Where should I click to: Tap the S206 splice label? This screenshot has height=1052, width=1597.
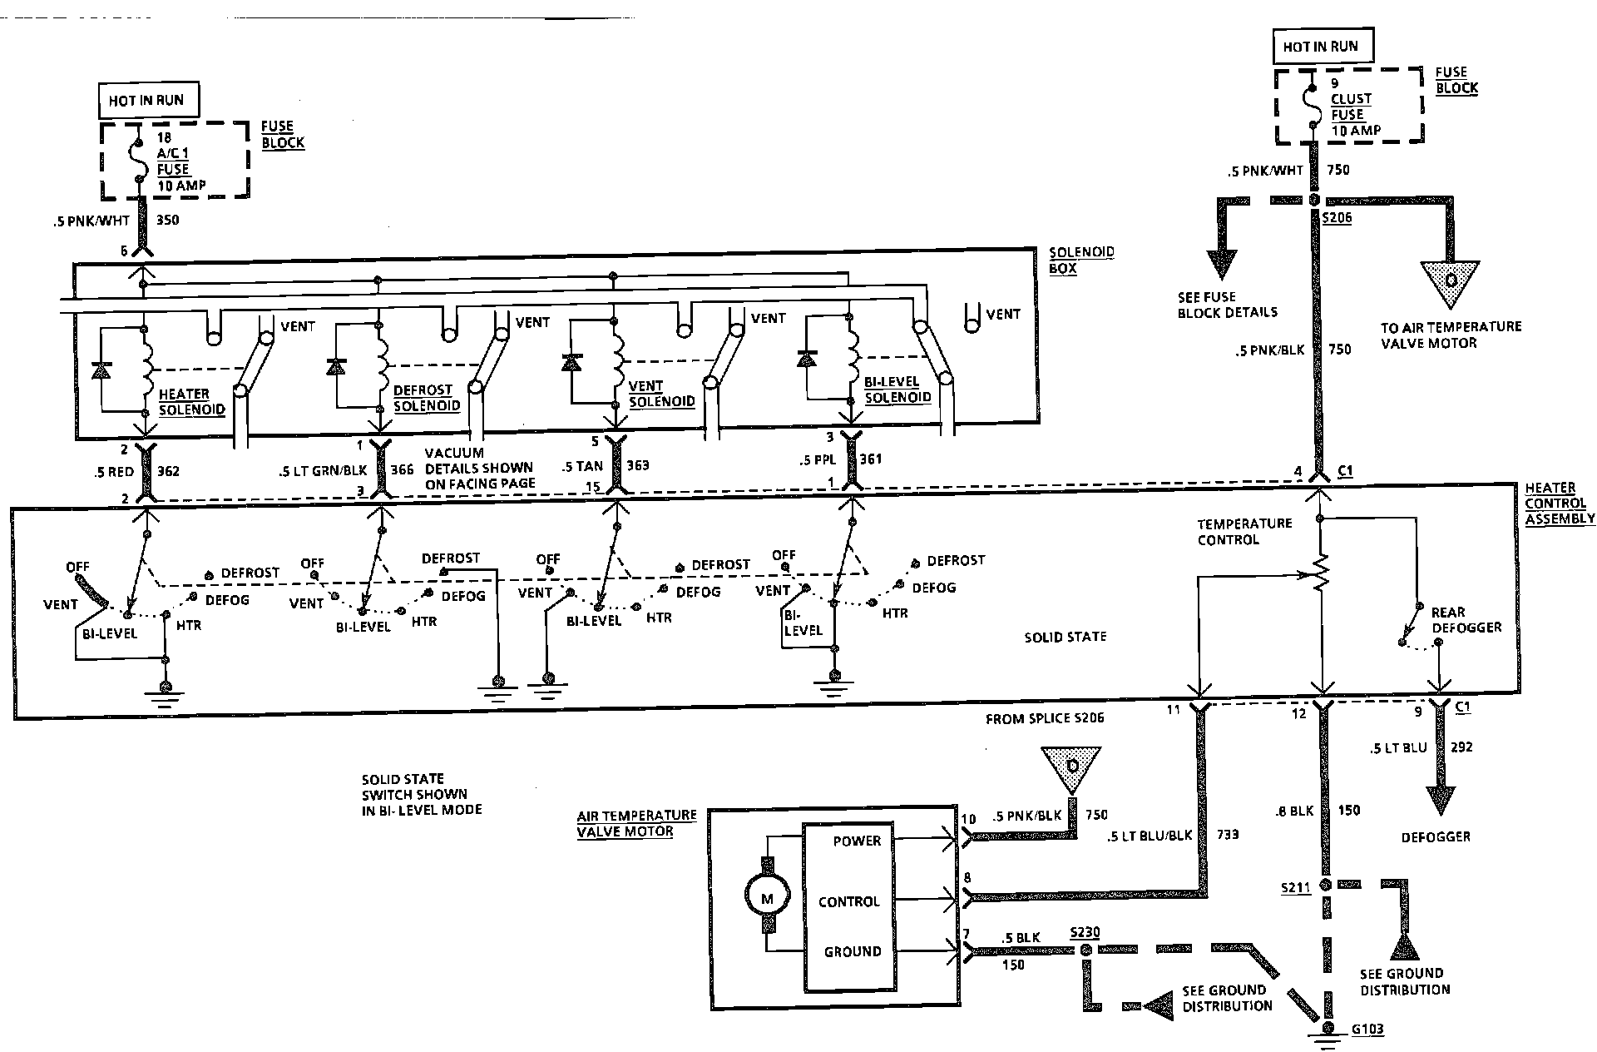point(1336,218)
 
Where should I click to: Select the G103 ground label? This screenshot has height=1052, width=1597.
point(1367,1030)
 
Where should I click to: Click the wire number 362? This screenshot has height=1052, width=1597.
point(169,471)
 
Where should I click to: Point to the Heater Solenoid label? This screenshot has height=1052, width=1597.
point(191,402)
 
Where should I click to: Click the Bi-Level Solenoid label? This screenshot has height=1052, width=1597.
point(897,390)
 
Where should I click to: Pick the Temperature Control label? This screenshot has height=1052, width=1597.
point(1244,531)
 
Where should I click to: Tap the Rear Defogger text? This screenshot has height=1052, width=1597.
point(1466,619)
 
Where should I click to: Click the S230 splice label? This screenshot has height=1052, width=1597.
point(1085,933)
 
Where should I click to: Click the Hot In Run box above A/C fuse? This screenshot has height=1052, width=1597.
point(146,101)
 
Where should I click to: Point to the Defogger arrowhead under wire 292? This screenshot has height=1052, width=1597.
point(1440,800)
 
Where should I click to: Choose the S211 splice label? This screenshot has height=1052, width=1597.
point(1296,888)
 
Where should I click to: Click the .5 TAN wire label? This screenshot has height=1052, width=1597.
point(582,466)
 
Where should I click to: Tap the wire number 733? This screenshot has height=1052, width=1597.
point(1228,833)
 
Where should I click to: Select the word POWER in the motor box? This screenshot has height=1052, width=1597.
point(857,841)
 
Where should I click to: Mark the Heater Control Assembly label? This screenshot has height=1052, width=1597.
point(1559,503)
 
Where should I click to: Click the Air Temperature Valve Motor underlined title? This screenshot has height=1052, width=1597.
point(636,823)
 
